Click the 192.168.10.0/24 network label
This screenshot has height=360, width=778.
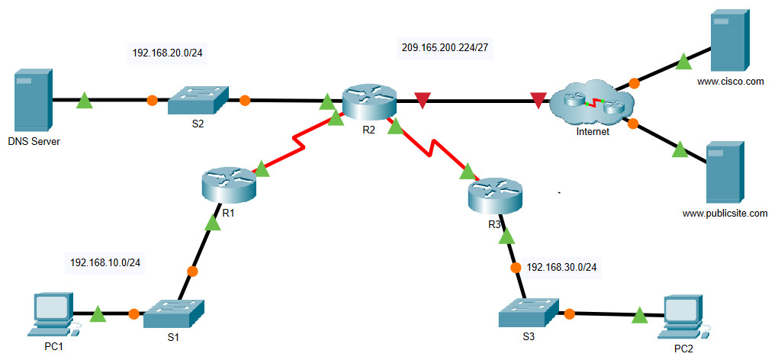click(105, 262)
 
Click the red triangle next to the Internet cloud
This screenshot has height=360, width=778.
click(538, 100)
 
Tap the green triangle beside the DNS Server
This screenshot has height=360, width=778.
click(85, 100)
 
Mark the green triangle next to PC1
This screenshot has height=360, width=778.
click(97, 313)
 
